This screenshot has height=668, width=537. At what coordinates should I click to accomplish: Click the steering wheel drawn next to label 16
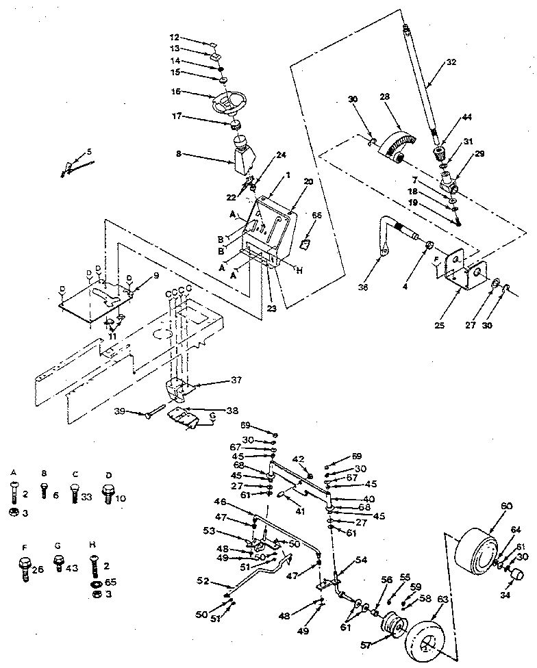coord(227,103)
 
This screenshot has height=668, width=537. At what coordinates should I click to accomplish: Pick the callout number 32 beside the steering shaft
coord(449,62)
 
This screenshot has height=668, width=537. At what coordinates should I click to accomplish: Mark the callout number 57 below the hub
coord(369,645)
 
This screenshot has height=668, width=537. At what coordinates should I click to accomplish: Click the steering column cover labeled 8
coord(240,162)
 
